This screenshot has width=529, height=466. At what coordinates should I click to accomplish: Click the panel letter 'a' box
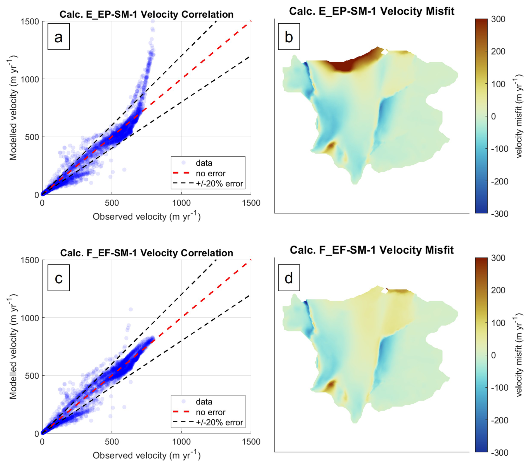pyautogui.click(x=58, y=37)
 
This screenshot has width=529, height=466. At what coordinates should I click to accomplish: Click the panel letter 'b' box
pyautogui.click(x=289, y=37)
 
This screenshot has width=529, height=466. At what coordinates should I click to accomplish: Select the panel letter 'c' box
pyautogui.click(x=58, y=278)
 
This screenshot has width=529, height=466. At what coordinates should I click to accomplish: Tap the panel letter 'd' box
pyautogui.click(x=289, y=278)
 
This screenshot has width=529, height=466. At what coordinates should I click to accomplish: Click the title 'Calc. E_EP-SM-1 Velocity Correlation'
pyautogui.click(x=147, y=14)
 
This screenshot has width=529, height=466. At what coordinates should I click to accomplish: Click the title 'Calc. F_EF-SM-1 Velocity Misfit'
pyautogui.click(x=372, y=250)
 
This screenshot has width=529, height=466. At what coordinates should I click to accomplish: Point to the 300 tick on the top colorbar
pyautogui.click(x=498, y=19)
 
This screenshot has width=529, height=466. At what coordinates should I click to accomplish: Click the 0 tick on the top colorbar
pyautogui.click(x=493, y=116)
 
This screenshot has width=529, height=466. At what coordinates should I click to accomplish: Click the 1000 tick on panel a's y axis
pyautogui.click(x=29, y=79)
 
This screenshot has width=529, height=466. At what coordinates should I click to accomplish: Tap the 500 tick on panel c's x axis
pyautogui.click(x=112, y=442)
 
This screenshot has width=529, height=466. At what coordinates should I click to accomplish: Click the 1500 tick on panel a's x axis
pyautogui.click(x=251, y=203)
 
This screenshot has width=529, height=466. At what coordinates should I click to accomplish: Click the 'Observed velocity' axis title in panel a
pyautogui.click(x=147, y=216)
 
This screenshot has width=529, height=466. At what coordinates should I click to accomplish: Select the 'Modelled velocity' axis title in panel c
pyautogui.click(x=13, y=346)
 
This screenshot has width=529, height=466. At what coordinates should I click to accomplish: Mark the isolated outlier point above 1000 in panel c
pyautogui.click(x=131, y=309)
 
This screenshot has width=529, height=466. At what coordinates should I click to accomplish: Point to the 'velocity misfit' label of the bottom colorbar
pyautogui.click(x=519, y=355)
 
